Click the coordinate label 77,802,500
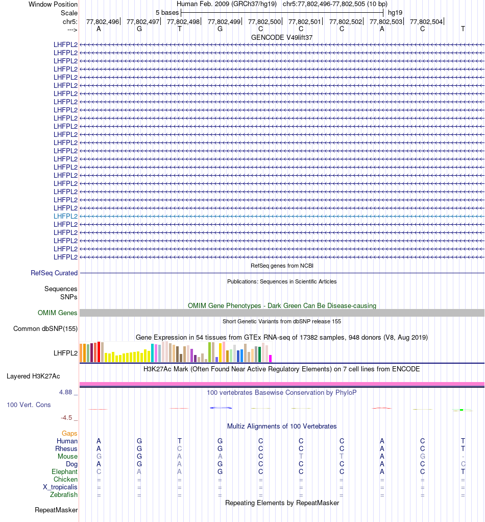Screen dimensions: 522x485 point(264,21)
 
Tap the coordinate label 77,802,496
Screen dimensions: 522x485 point(103,21)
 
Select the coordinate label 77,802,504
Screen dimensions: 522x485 point(426,21)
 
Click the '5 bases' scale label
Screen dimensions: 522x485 point(167,12)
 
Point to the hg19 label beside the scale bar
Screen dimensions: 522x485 point(395,12)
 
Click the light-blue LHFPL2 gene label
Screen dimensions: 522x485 point(65,216)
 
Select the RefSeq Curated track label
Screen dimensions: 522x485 point(54,273)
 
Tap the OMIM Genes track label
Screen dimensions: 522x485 point(58,313)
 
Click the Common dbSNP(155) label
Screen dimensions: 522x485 point(45,329)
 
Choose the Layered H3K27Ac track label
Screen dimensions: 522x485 point(33,376)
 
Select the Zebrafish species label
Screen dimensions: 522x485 point(64,495)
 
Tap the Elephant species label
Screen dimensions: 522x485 point(64,472)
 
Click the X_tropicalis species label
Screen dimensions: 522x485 point(60,487)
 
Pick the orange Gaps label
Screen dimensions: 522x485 point(69,434)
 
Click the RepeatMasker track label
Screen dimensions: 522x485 point(56,510)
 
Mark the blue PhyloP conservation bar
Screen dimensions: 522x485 point(221,408)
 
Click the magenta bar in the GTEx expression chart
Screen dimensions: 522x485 point(271,358)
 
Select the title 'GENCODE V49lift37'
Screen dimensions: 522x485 point(282,38)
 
